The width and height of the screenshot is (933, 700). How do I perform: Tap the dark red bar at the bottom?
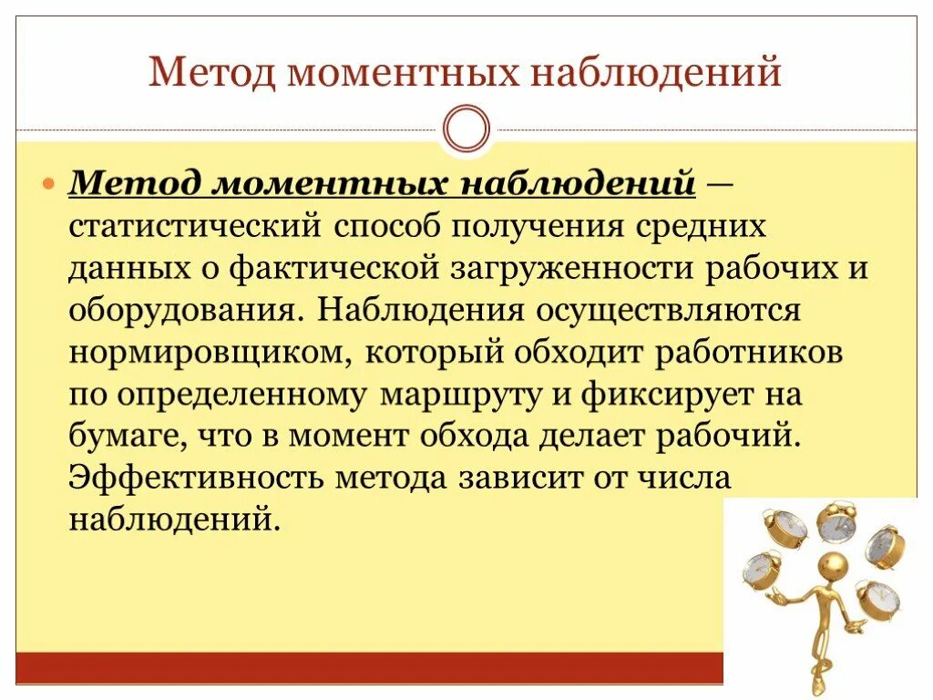(x=364, y=667)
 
